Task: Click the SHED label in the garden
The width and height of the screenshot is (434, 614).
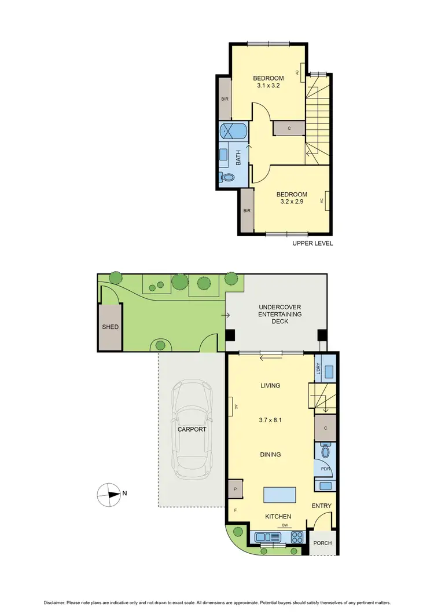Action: coord(110,327)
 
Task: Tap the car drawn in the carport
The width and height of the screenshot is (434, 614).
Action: coord(191,429)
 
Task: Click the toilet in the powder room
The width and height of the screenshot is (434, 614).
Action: coord(325,451)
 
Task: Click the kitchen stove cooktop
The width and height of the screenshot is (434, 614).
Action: coord(297,536)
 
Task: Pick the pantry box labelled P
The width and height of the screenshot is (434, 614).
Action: coord(236,489)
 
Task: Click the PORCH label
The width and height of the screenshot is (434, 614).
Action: coord(322,543)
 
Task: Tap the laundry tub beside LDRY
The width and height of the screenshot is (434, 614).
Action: coord(328,368)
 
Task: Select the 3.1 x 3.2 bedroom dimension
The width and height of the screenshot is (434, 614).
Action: coord(268,86)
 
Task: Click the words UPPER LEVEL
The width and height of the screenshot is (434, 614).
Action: coord(312,243)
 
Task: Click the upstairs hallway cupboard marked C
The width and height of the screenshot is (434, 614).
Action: coord(289,129)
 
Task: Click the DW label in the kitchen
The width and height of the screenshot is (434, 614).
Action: coord(285,525)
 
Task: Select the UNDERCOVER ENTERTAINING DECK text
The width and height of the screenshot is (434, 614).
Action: coord(280,314)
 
